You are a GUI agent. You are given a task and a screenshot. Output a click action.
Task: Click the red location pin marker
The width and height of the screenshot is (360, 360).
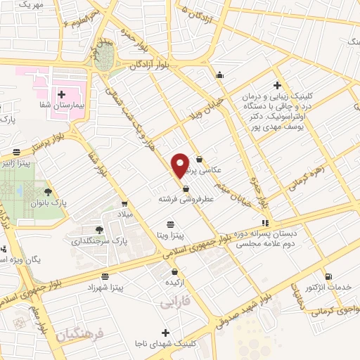click(181, 165)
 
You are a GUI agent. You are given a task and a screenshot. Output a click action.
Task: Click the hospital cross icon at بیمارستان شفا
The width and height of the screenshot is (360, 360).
click(61, 94)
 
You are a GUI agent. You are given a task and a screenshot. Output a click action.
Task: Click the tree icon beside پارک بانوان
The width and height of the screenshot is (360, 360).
click(48, 191)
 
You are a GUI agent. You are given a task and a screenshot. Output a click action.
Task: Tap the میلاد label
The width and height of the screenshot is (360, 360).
click(124, 213)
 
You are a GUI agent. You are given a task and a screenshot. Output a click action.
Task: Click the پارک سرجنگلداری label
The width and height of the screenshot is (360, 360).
click(101, 242)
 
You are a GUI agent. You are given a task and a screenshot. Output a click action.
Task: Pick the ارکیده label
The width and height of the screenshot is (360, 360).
click(175, 282)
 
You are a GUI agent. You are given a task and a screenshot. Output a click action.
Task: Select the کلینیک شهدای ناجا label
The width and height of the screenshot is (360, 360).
click(166, 345)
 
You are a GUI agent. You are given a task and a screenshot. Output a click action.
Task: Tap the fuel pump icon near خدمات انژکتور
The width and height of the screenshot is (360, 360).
click(327, 274)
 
